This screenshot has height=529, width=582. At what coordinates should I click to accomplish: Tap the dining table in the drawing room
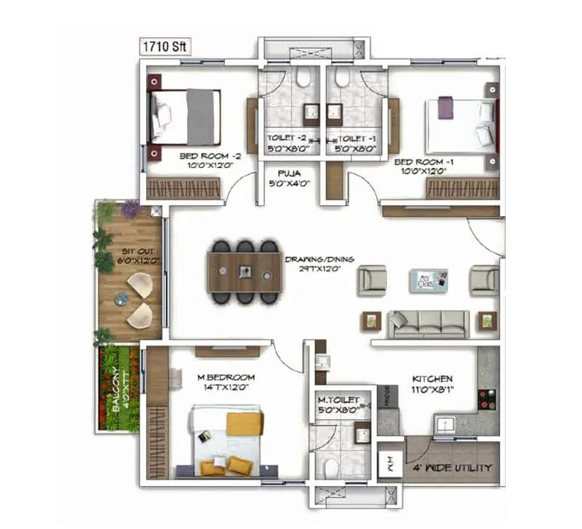244,271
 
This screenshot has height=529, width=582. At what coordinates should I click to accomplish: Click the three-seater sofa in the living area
428,323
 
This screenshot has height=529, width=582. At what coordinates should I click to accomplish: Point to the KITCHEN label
432,378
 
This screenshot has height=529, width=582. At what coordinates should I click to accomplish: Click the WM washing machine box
389,463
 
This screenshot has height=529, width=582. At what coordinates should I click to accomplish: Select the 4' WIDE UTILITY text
452,467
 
